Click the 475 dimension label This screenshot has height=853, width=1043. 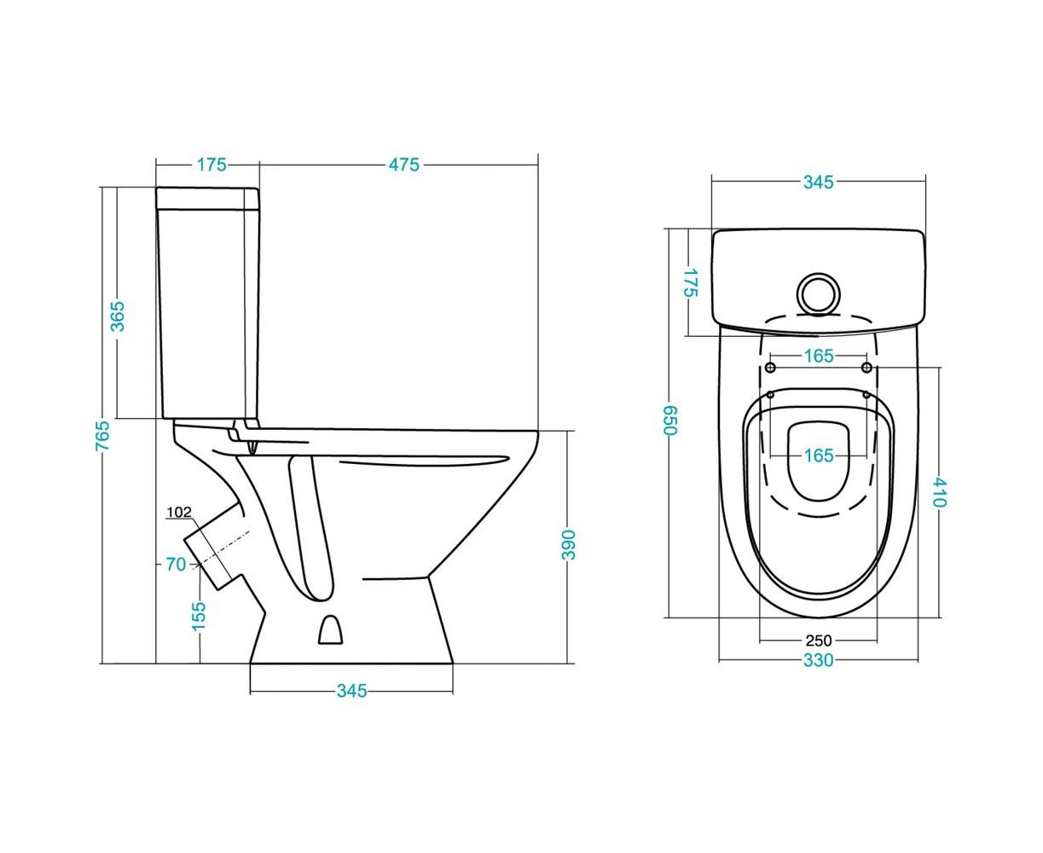[x=403, y=165]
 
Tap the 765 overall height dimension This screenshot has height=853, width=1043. [x=102, y=435]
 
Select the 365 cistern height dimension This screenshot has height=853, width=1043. [x=118, y=316]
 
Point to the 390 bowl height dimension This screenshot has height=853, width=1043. [x=568, y=544]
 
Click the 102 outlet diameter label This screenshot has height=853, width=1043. [x=178, y=512]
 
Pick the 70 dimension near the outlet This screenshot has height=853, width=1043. [x=176, y=564]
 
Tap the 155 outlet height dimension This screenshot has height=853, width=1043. [x=199, y=616]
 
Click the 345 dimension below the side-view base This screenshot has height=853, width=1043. [x=351, y=691]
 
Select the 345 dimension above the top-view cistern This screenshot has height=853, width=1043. [x=818, y=182]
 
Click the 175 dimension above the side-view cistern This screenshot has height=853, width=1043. [x=211, y=165]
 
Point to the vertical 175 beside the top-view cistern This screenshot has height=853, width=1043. [x=691, y=282]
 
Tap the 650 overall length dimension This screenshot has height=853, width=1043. [x=669, y=421]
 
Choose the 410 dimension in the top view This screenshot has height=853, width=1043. [x=939, y=492]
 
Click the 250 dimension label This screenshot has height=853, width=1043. [x=819, y=641]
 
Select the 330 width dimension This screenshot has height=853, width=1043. [x=818, y=660]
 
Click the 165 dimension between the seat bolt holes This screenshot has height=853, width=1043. [x=819, y=356]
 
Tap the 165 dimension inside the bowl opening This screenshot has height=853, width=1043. [x=819, y=456]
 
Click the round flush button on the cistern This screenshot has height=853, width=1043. [x=818, y=294]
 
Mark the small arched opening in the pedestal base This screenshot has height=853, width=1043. [x=330, y=629]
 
